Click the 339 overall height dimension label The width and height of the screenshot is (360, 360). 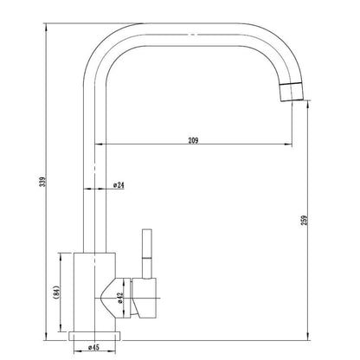[x=43, y=182]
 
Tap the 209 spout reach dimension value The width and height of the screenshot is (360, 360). [x=193, y=140]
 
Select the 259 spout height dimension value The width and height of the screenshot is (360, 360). [x=305, y=220]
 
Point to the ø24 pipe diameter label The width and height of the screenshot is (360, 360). [x=119, y=185]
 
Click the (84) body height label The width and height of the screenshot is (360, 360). [x=56, y=292]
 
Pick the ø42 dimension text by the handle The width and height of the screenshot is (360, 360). [x=120, y=298]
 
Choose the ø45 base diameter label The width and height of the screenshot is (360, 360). [x=93, y=347]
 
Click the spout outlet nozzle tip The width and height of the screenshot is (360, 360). [x=292, y=92]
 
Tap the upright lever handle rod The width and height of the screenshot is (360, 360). [x=147, y=254]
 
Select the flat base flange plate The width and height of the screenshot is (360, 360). [x=94, y=336]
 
